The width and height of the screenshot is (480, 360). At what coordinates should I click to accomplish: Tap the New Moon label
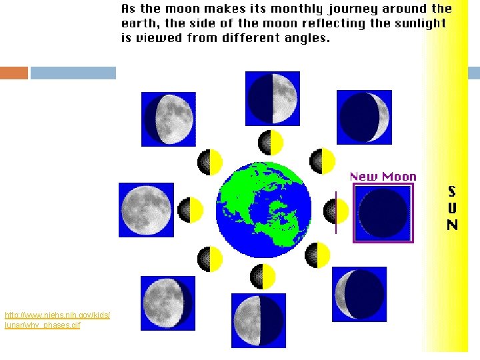[383, 177]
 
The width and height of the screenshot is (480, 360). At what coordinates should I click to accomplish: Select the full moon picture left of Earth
[146, 210]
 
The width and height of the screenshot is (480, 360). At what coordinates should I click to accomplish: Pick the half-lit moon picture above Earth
[273, 98]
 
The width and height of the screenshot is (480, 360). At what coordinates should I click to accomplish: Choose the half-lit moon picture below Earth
[259, 321]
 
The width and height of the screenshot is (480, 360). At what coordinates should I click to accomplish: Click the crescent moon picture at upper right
[364, 117]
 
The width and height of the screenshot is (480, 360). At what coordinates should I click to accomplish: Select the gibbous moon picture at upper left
[169, 119]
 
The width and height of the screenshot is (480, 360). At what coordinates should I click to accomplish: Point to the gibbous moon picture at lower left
[168, 303]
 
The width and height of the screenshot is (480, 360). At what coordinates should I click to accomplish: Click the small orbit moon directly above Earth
[271, 142]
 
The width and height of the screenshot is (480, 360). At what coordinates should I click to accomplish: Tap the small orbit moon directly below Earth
[263, 276]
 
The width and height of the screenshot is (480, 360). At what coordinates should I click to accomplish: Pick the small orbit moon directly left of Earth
[191, 210]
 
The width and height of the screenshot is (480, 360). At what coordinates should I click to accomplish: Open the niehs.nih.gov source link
[57, 319]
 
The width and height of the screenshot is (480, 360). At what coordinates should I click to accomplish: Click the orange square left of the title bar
[14, 73]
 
